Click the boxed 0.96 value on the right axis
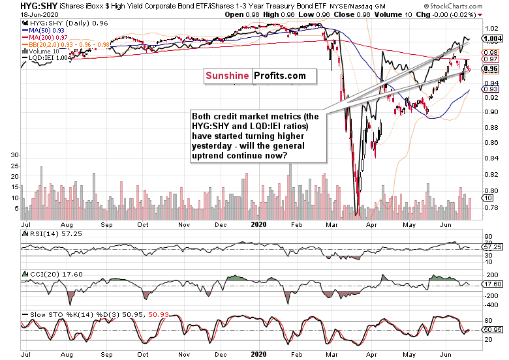tap(491, 69)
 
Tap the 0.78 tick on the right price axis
tap(491, 207)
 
